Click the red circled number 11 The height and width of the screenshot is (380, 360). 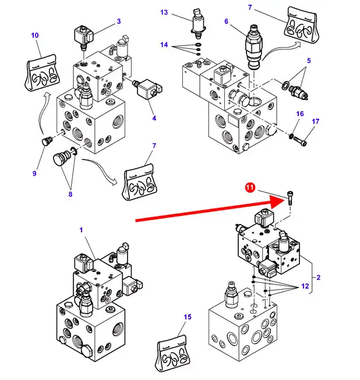[250, 187]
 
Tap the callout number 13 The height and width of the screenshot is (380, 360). [164, 12]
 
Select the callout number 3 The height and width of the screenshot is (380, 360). [118, 22]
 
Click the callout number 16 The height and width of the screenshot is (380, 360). [301, 114]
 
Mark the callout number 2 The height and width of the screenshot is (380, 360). [319, 278]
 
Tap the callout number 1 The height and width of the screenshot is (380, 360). [82, 230]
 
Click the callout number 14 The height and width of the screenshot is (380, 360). [164, 45]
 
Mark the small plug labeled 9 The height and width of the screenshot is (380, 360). [46, 141]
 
